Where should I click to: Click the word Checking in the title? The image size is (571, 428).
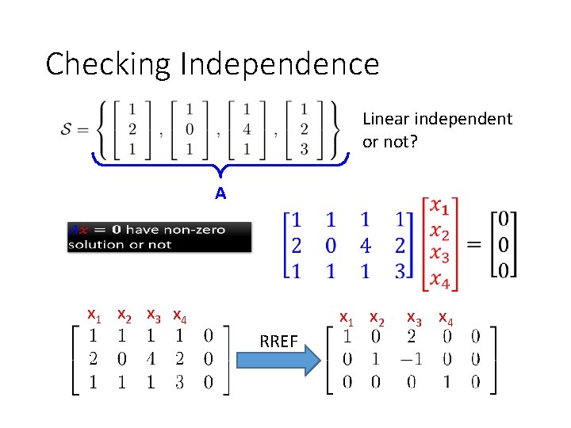click(x=109, y=64)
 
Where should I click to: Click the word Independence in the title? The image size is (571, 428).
click(x=280, y=64)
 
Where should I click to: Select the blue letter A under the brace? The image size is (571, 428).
click(x=220, y=193)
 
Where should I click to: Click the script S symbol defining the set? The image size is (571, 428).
click(x=67, y=128)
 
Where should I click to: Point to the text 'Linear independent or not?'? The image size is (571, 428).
click(x=437, y=129)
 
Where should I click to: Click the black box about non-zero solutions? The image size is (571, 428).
click(x=159, y=237)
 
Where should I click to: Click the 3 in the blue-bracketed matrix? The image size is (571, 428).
click(x=401, y=270)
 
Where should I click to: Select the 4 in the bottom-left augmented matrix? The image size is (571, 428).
click(x=151, y=359)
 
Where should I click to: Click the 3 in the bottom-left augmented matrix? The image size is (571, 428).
click(x=179, y=382)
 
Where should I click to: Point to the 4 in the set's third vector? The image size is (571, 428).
click(x=247, y=128)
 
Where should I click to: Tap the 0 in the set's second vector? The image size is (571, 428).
click(x=190, y=128)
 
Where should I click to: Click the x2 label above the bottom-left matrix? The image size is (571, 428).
click(x=125, y=315)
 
